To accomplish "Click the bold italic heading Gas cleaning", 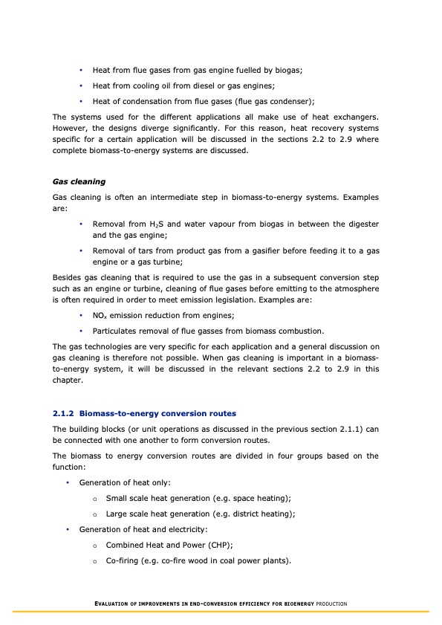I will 79,181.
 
